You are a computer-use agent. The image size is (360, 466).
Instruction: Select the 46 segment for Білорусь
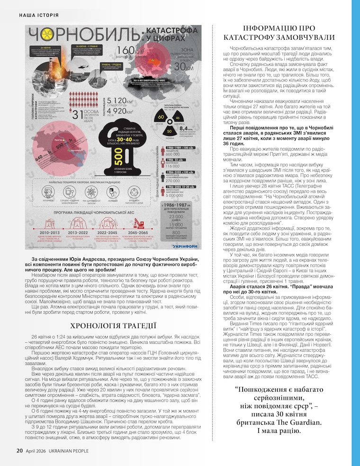coord(178,117)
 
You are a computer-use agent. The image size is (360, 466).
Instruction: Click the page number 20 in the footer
coord(20,450)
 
